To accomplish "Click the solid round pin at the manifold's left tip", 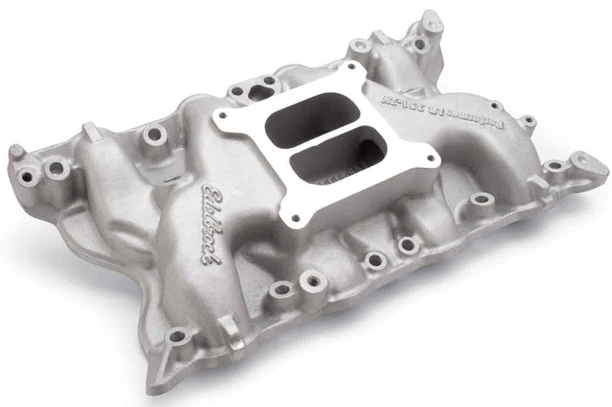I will click(x=16, y=151).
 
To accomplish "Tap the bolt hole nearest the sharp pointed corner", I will click(x=176, y=337).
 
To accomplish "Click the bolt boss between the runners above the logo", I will click(x=151, y=135).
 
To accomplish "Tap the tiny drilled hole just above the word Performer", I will click(x=493, y=105).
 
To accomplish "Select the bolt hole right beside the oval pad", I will click(x=552, y=166).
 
